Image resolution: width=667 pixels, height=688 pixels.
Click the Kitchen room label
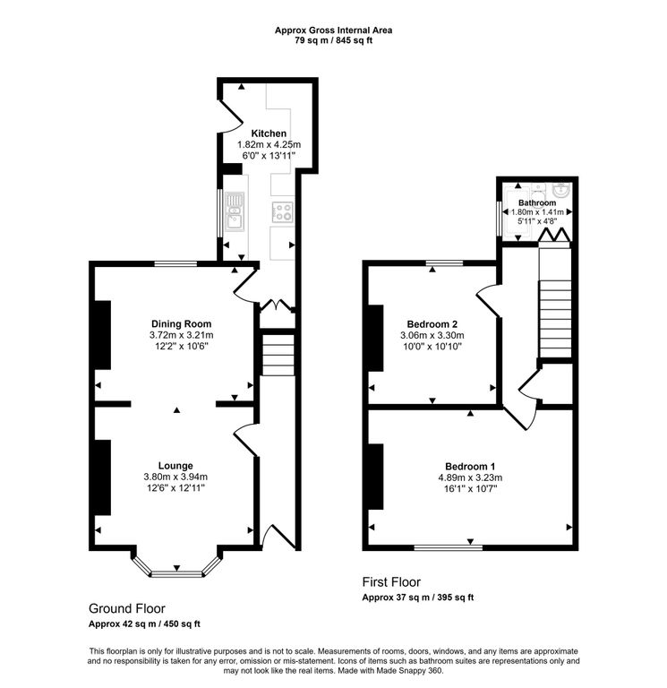269,133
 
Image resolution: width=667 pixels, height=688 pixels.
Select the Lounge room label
175,466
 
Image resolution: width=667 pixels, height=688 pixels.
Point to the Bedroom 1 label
470,467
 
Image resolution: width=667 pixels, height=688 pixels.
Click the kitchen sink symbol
235,211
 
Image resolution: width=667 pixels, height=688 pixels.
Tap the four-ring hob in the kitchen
283,211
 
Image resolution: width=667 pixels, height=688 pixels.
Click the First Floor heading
391,581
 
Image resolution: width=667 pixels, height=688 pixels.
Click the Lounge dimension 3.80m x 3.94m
175,477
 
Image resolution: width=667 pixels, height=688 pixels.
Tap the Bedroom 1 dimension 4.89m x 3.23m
470,478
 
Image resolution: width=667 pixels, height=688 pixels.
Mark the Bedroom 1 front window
449,546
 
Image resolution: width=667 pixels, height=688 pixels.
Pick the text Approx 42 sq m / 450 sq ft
144,624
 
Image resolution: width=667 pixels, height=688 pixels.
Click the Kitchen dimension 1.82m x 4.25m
269,145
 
